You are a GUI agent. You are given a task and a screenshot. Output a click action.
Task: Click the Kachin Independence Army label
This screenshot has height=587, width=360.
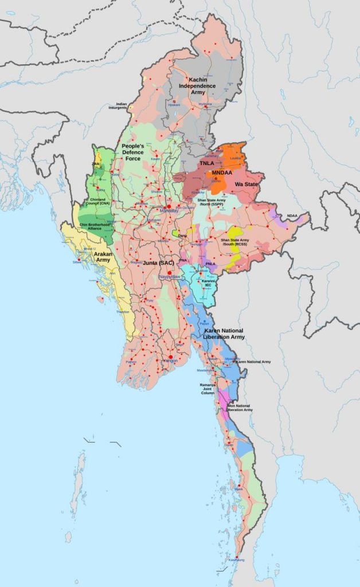point(197,85)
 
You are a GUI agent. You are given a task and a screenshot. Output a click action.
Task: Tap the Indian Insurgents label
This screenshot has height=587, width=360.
point(118,106)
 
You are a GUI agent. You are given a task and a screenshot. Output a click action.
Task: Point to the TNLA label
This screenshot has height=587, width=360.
point(207,163)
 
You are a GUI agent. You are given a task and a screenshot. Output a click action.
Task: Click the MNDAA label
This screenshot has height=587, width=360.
point(222,173)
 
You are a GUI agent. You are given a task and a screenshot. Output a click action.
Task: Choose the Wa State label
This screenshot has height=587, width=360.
point(245,185)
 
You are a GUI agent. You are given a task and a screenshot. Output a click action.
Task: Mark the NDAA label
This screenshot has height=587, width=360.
point(292,216)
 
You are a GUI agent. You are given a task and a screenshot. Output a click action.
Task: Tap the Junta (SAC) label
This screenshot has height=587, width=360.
point(158,263)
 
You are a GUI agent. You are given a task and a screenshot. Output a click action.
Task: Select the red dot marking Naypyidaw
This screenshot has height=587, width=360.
point(169,273)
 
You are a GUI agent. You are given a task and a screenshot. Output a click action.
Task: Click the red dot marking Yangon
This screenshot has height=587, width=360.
point(170,357)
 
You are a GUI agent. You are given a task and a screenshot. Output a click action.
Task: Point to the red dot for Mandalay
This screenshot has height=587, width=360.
point(169,206)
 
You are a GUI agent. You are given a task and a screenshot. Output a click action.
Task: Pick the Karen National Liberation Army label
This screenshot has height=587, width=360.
point(224,334)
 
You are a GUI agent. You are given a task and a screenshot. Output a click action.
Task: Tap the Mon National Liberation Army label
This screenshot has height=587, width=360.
point(240,408)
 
